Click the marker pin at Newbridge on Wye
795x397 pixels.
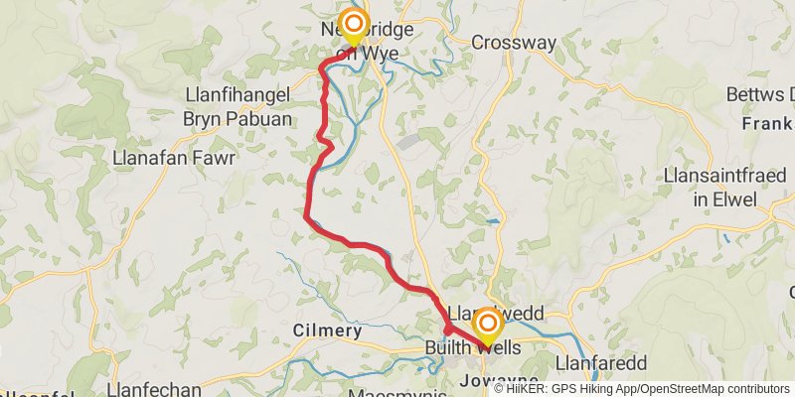tap(353, 25)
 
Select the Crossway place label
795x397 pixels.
tap(513, 43)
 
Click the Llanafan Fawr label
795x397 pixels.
tap(174, 158)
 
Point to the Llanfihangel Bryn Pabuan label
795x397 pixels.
tap(238, 106)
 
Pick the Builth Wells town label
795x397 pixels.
tap(471, 348)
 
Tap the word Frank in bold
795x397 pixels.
tap(766, 125)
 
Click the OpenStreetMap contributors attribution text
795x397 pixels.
tap(713, 388)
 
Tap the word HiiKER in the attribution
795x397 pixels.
tap(528, 388)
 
